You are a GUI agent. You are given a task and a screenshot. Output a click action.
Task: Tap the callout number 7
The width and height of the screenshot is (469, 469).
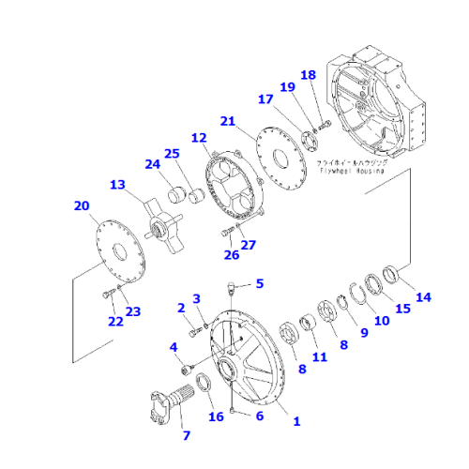pos(186,435)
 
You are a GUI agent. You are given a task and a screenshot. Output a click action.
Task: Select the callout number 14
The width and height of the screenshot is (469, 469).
pos(424,297)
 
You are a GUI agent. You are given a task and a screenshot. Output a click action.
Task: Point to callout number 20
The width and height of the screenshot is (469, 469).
pos(82,205)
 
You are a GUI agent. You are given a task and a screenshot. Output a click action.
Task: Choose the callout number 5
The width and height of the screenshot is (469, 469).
pos(260,282)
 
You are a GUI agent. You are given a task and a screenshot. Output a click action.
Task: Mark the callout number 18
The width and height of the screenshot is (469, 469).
pos(308,74)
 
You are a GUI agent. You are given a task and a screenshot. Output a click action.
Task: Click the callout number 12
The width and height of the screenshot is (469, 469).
pos(199,138)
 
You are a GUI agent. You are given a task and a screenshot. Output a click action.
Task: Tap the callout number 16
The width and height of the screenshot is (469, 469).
pos(217,416)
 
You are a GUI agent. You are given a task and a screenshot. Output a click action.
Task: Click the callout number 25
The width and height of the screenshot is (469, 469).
pos(171,153)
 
